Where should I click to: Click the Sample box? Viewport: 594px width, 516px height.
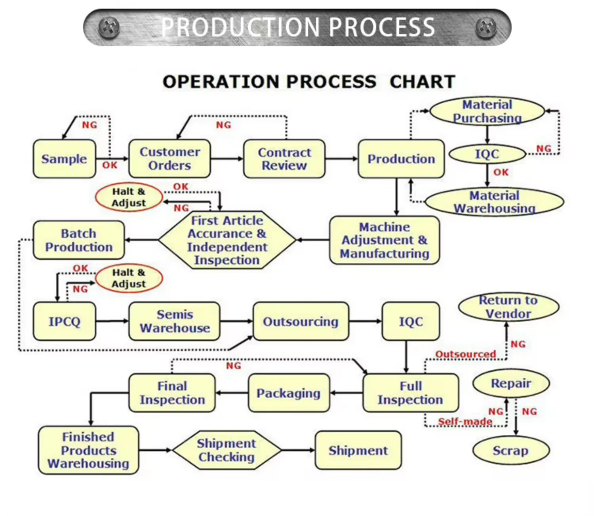pos(64,159)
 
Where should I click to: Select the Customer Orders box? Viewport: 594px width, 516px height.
pos(169,159)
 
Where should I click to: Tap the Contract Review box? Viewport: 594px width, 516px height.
pos(284,159)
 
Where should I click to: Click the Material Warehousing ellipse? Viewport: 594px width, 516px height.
pos(495,202)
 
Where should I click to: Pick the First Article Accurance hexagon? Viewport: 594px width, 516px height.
pos(227,240)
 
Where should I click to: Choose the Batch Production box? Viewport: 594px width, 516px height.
pos(79,240)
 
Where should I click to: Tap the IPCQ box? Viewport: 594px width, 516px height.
pos(64,321)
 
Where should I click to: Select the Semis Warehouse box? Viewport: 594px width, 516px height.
pos(174,321)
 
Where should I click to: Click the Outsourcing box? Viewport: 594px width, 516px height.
pos(301,321)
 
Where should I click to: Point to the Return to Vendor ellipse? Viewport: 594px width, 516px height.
pos(508,307)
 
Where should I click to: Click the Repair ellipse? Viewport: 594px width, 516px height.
pos(511,383)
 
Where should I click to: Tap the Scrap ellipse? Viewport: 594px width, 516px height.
pos(511,450)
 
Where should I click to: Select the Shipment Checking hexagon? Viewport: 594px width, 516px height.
pos(227,450)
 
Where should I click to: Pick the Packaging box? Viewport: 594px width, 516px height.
pos(289,393)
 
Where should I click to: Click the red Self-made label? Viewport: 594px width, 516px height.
pos(465,421)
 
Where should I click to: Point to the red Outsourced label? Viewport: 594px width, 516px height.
pos(466,354)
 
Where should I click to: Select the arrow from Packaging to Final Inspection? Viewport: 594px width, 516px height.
pos(232,393)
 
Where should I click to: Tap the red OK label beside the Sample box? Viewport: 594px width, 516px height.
pos(110,165)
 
